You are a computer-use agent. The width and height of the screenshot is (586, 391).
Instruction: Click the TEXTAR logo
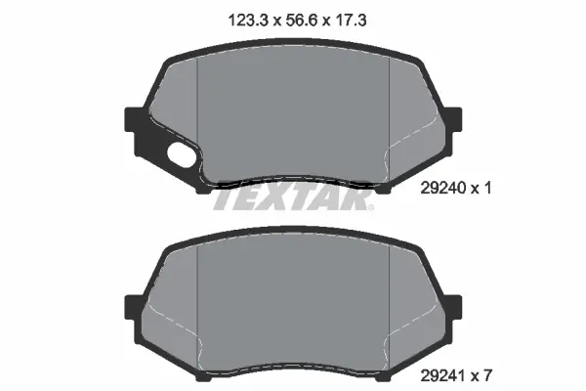click(293, 199)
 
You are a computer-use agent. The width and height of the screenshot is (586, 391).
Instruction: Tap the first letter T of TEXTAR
click(225, 199)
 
